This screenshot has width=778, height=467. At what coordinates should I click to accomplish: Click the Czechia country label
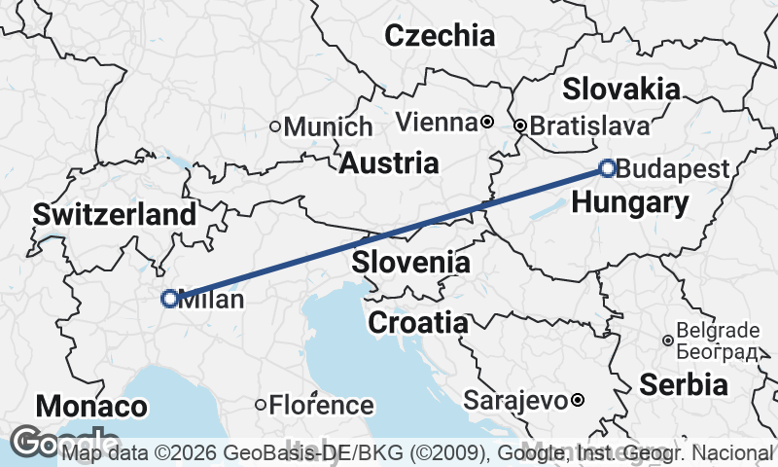click(x=440, y=37)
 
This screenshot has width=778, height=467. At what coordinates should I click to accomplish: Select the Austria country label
click(x=389, y=162)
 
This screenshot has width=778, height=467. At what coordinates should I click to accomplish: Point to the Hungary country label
click(x=630, y=202)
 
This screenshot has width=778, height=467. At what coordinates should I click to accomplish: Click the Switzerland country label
click(x=115, y=215)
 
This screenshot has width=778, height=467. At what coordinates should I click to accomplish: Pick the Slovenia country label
click(x=411, y=262)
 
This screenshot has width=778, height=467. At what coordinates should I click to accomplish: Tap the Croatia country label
click(x=417, y=322)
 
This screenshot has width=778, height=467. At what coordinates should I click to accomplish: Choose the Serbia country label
click(x=683, y=383)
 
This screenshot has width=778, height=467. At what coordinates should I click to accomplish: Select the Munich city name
click(x=329, y=126)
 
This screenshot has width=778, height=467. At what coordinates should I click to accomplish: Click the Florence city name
click(x=321, y=405)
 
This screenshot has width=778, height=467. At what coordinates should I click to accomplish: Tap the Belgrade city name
click(x=717, y=330)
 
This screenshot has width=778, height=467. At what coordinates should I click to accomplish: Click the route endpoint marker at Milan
click(x=170, y=299)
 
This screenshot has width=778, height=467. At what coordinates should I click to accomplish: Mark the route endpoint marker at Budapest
click(x=608, y=169)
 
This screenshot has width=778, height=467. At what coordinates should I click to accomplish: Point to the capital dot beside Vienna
click(x=486, y=123)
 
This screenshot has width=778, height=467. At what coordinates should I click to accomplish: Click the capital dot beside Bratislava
click(x=520, y=126)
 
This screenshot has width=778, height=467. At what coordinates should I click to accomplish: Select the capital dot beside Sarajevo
click(x=577, y=400)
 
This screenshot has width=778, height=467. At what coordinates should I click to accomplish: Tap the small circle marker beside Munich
click(x=275, y=126)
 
